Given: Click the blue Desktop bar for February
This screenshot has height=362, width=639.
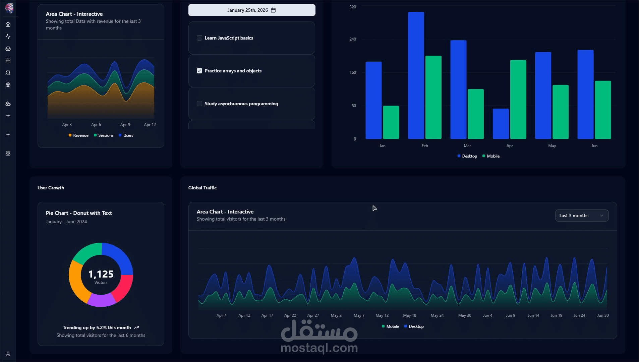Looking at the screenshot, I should pyautogui.click(x=416, y=75).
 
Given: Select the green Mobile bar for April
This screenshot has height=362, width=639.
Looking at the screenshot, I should pyautogui.click(x=518, y=100).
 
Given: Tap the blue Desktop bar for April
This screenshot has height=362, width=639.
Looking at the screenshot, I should pyautogui.click(x=501, y=124).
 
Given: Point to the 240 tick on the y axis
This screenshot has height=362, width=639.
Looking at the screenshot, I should pyautogui.click(x=353, y=39).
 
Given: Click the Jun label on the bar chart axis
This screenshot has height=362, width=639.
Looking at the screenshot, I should pyautogui.click(x=594, y=146).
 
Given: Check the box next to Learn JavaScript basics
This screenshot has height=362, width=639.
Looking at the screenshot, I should pyautogui.click(x=199, y=38).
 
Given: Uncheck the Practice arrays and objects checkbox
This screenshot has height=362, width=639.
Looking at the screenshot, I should pyautogui.click(x=199, y=71).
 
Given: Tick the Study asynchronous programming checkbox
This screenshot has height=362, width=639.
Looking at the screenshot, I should pyautogui.click(x=199, y=104).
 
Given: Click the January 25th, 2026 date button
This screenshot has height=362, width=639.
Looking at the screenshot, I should pyautogui.click(x=252, y=10).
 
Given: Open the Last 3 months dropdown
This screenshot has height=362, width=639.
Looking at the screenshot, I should pyautogui.click(x=582, y=216).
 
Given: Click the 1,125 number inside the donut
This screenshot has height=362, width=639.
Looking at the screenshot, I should pyautogui.click(x=101, y=274).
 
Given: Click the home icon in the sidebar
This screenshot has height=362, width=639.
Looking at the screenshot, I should pyautogui.click(x=8, y=24).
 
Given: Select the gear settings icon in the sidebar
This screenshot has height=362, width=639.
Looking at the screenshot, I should pyautogui.click(x=8, y=85).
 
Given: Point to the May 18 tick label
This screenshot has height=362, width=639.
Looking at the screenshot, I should pyautogui.click(x=409, y=315).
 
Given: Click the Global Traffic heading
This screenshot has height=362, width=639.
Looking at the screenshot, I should pyautogui.click(x=202, y=188).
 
